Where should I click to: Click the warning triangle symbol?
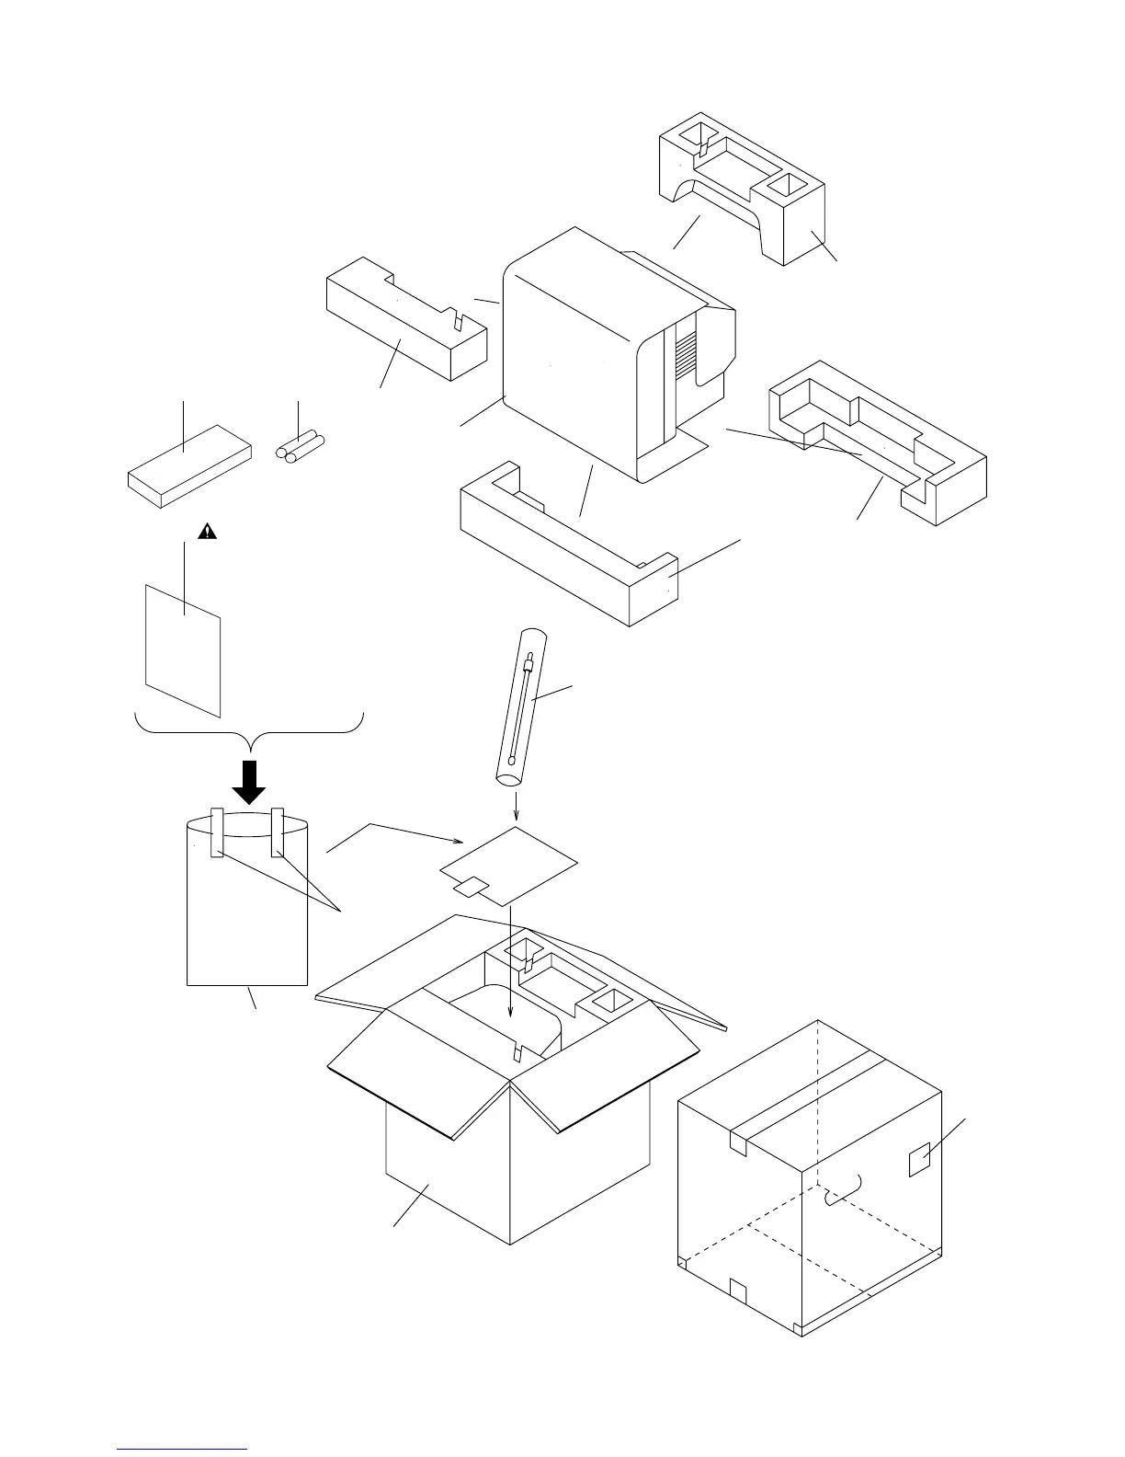(x=210, y=531)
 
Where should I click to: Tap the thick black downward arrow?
(x=248, y=783)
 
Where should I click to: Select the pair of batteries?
(x=300, y=446)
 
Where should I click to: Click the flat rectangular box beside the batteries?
(x=188, y=465)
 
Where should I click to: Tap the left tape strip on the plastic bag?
(x=218, y=832)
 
